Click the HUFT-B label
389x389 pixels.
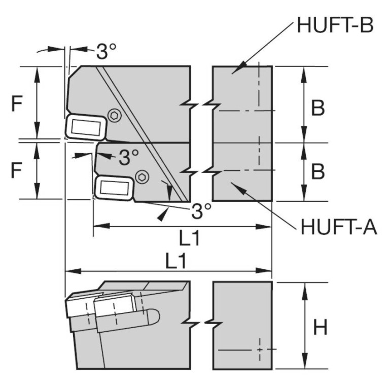click(x=334, y=24)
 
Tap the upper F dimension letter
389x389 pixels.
click(x=17, y=104)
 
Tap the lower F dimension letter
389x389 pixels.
click(x=17, y=170)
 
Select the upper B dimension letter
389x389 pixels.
click(x=318, y=108)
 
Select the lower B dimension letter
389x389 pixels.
click(x=318, y=172)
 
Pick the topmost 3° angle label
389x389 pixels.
click(x=106, y=51)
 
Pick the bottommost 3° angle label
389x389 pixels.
click(x=201, y=211)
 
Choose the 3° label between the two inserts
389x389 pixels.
click(x=129, y=158)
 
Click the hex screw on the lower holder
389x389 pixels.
click(x=143, y=176)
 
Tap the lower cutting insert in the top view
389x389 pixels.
click(x=114, y=188)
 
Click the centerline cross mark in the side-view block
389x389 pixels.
click(x=259, y=350)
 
